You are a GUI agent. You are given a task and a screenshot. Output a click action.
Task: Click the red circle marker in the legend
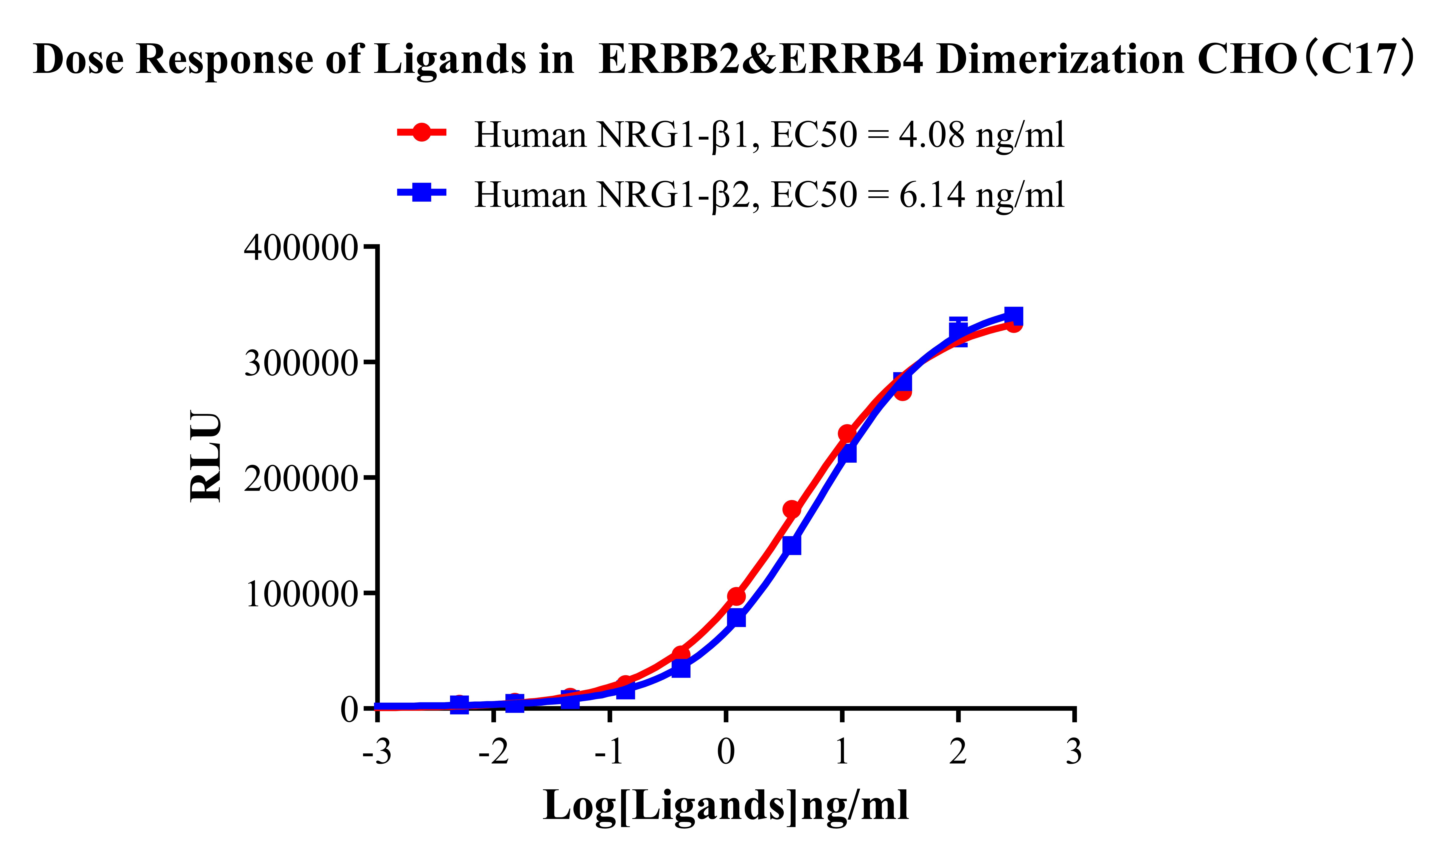coord(422,132)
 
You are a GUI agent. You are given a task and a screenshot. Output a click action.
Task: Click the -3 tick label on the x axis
coord(377,752)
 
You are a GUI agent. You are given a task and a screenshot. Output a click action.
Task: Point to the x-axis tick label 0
coord(725,752)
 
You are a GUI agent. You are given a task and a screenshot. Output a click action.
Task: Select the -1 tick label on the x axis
coord(609,752)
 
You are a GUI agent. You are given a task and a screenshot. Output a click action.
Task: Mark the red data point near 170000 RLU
coord(792,509)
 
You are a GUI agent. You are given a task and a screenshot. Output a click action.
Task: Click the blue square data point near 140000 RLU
coord(792,545)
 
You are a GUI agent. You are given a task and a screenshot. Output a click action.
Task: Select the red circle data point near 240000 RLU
coord(847,433)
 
